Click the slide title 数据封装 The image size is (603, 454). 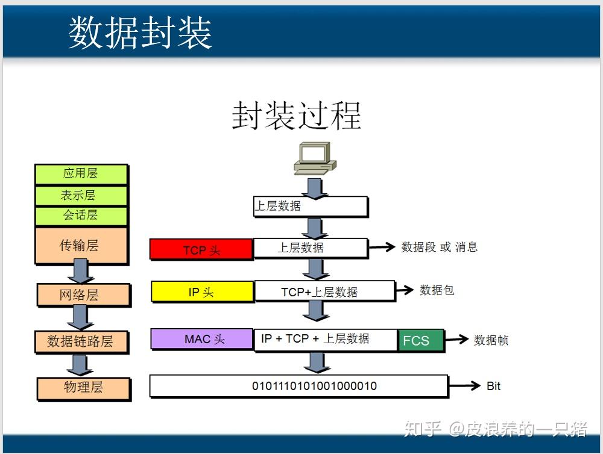(140, 33)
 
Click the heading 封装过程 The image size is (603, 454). (297, 114)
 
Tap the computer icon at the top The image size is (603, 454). (314, 158)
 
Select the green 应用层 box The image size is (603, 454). (81, 173)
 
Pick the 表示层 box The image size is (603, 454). (81, 195)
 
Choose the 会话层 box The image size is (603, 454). (81, 215)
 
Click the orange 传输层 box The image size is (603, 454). (81, 245)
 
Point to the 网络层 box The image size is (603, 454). (83, 294)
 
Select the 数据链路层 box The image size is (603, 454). (83, 341)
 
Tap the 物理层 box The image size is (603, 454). (83, 387)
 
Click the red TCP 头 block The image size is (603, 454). (201, 249)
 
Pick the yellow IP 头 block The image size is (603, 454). (202, 292)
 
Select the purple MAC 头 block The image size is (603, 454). (202, 339)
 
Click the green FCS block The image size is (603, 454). (420, 340)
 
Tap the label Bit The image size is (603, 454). (493, 386)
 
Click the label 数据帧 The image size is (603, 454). (491, 340)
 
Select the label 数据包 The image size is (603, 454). (437, 290)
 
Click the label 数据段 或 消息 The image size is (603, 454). (439, 247)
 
